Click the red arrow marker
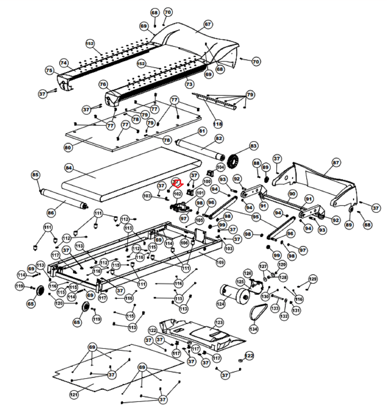[178, 184]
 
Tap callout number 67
[207, 24]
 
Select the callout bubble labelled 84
[69, 168]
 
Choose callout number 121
[74, 394]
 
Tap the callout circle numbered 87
[336, 162]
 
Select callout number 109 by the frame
[220, 262]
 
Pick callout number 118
[218, 124]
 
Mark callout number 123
[219, 322]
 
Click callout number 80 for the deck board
[68, 148]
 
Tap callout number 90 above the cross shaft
[292, 194]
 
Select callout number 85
[35, 175]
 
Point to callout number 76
[103, 84]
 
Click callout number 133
[275, 308]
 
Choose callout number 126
[247, 273]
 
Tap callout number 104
[220, 167]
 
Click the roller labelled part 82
[200, 149]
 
